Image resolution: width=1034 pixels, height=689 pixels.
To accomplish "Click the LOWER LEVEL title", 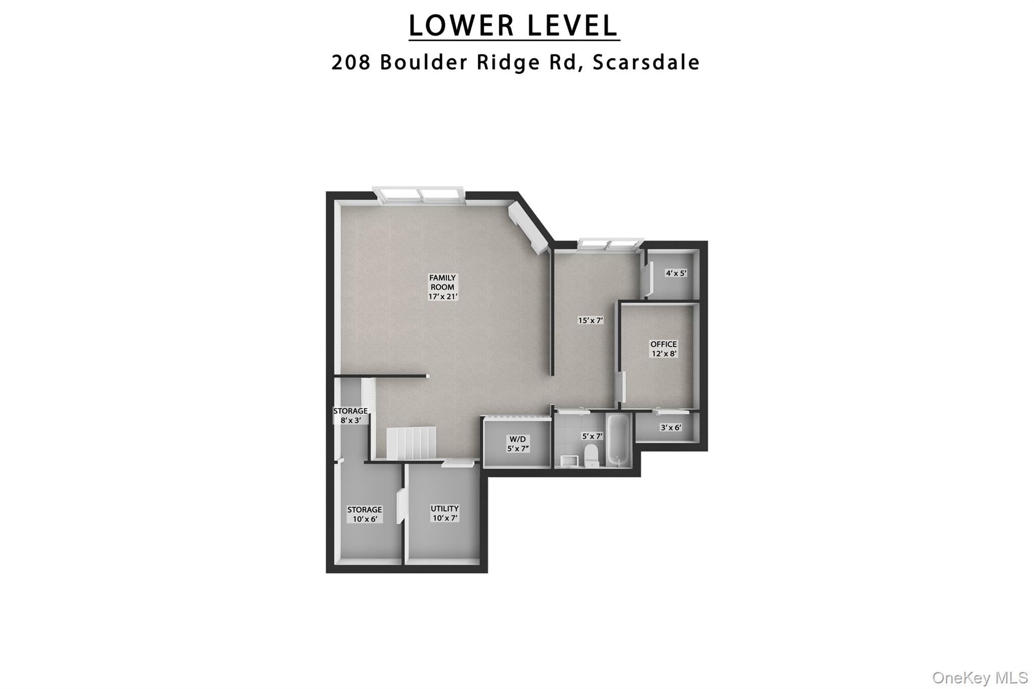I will pos(513,26).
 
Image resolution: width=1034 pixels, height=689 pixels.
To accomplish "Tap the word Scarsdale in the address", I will pos(646,62).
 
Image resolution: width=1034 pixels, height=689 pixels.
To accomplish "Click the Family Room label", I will pos(443,287).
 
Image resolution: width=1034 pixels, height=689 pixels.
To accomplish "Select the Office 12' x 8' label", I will pos(663,349).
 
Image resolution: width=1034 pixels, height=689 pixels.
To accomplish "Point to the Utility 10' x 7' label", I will pos(444,513).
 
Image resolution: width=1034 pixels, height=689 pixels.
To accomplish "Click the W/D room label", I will pos(518,444).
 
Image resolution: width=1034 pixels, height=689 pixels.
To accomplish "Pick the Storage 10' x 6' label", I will pos(364,514).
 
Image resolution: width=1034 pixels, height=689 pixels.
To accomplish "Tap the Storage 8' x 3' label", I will pos(350,415).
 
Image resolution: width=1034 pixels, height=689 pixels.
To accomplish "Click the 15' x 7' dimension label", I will pos(590,320).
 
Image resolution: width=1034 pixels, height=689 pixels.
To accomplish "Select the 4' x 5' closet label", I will pos(676,273).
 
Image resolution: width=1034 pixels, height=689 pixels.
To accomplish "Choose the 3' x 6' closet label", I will pos(671,428).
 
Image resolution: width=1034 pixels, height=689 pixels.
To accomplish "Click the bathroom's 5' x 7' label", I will pos(592,436).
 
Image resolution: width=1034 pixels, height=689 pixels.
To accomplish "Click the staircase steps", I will pos(411,443).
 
